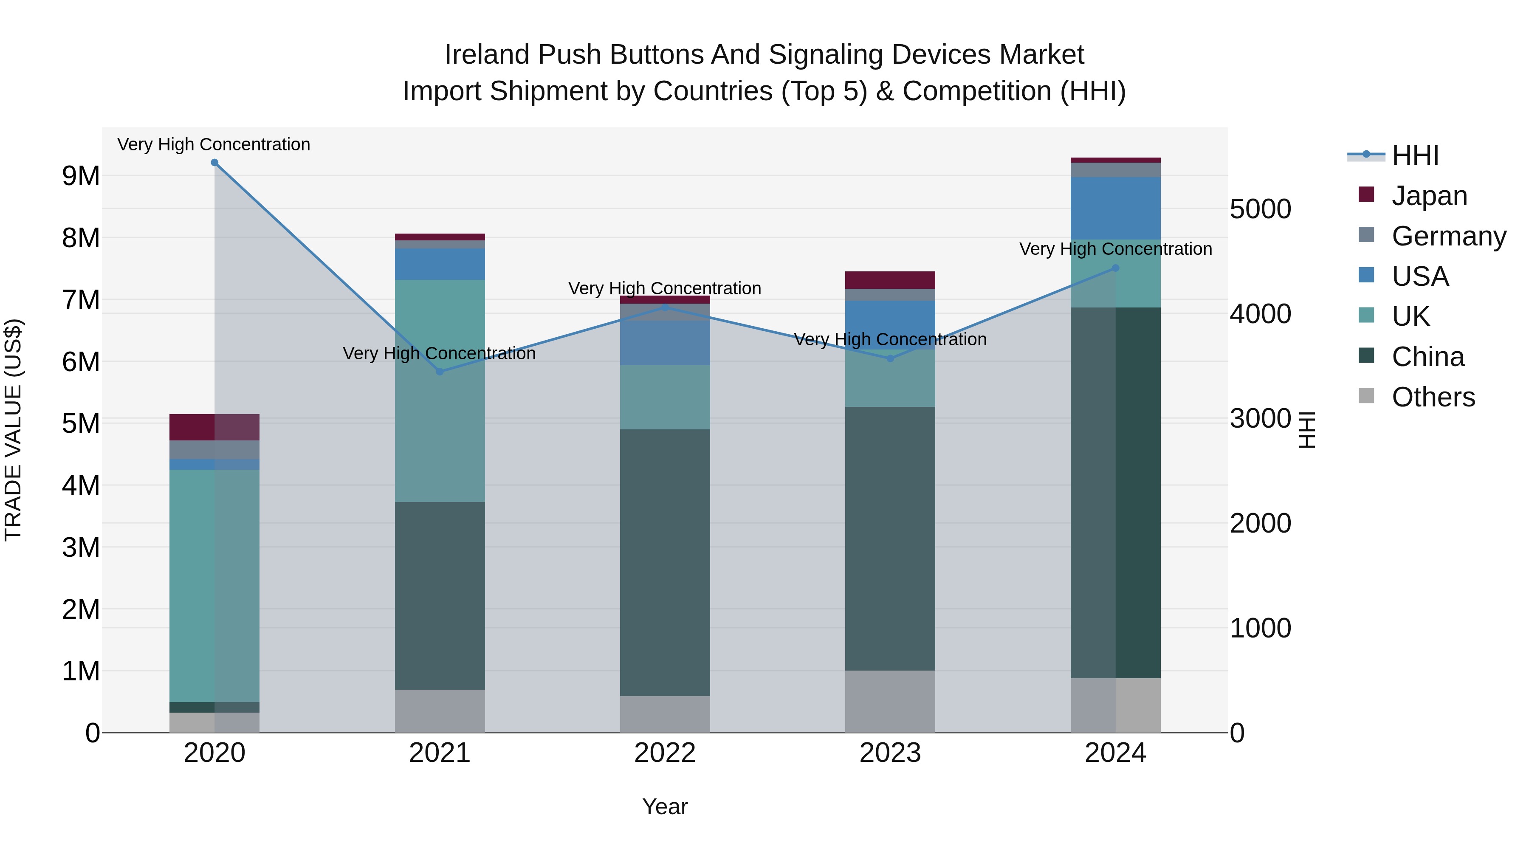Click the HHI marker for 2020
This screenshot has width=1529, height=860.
click(214, 163)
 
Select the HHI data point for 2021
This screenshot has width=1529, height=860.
click(440, 372)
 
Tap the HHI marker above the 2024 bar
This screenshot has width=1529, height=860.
click(1115, 268)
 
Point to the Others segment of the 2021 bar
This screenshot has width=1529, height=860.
click(440, 711)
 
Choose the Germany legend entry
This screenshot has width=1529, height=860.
click(1448, 236)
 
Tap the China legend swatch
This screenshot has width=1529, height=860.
click(1366, 356)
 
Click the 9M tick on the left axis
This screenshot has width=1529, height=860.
click(81, 176)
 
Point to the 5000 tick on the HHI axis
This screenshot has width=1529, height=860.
click(1260, 209)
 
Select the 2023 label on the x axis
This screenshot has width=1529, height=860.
click(890, 753)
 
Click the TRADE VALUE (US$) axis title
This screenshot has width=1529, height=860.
click(13, 430)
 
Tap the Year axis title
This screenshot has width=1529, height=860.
click(665, 806)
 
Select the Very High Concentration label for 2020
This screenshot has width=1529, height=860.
click(214, 144)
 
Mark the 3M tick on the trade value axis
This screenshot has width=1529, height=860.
click(81, 547)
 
